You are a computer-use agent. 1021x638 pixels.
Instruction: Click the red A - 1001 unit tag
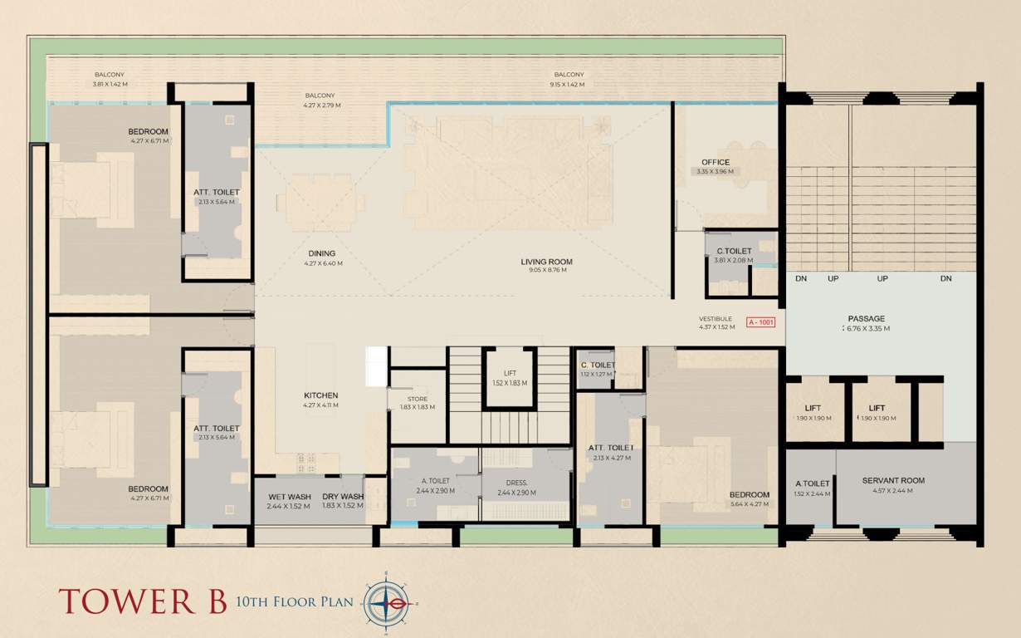point(760,321)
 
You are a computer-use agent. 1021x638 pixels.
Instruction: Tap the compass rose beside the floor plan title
point(389,602)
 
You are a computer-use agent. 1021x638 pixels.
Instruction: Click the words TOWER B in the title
point(142,601)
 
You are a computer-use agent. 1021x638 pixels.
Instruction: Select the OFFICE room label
point(715,163)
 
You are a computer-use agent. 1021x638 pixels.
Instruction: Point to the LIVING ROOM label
point(546,262)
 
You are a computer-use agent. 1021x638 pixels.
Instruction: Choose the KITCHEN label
point(320,395)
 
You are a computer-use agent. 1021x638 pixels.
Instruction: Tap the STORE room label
point(418,399)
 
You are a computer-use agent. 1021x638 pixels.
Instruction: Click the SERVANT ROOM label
point(893,480)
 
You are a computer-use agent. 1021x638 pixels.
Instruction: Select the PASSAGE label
point(866,318)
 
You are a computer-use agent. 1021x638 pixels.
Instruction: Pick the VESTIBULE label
point(715,319)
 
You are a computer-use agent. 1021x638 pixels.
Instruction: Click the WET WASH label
point(289,497)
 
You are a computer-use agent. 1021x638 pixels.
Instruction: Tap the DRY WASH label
point(343,497)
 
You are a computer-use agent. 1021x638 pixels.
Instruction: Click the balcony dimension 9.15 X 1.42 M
point(567,85)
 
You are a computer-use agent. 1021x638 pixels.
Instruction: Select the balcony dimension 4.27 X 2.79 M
point(323,106)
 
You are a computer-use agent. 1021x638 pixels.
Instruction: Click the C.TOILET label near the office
point(734,251)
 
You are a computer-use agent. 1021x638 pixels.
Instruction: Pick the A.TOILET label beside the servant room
point(813,483)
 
